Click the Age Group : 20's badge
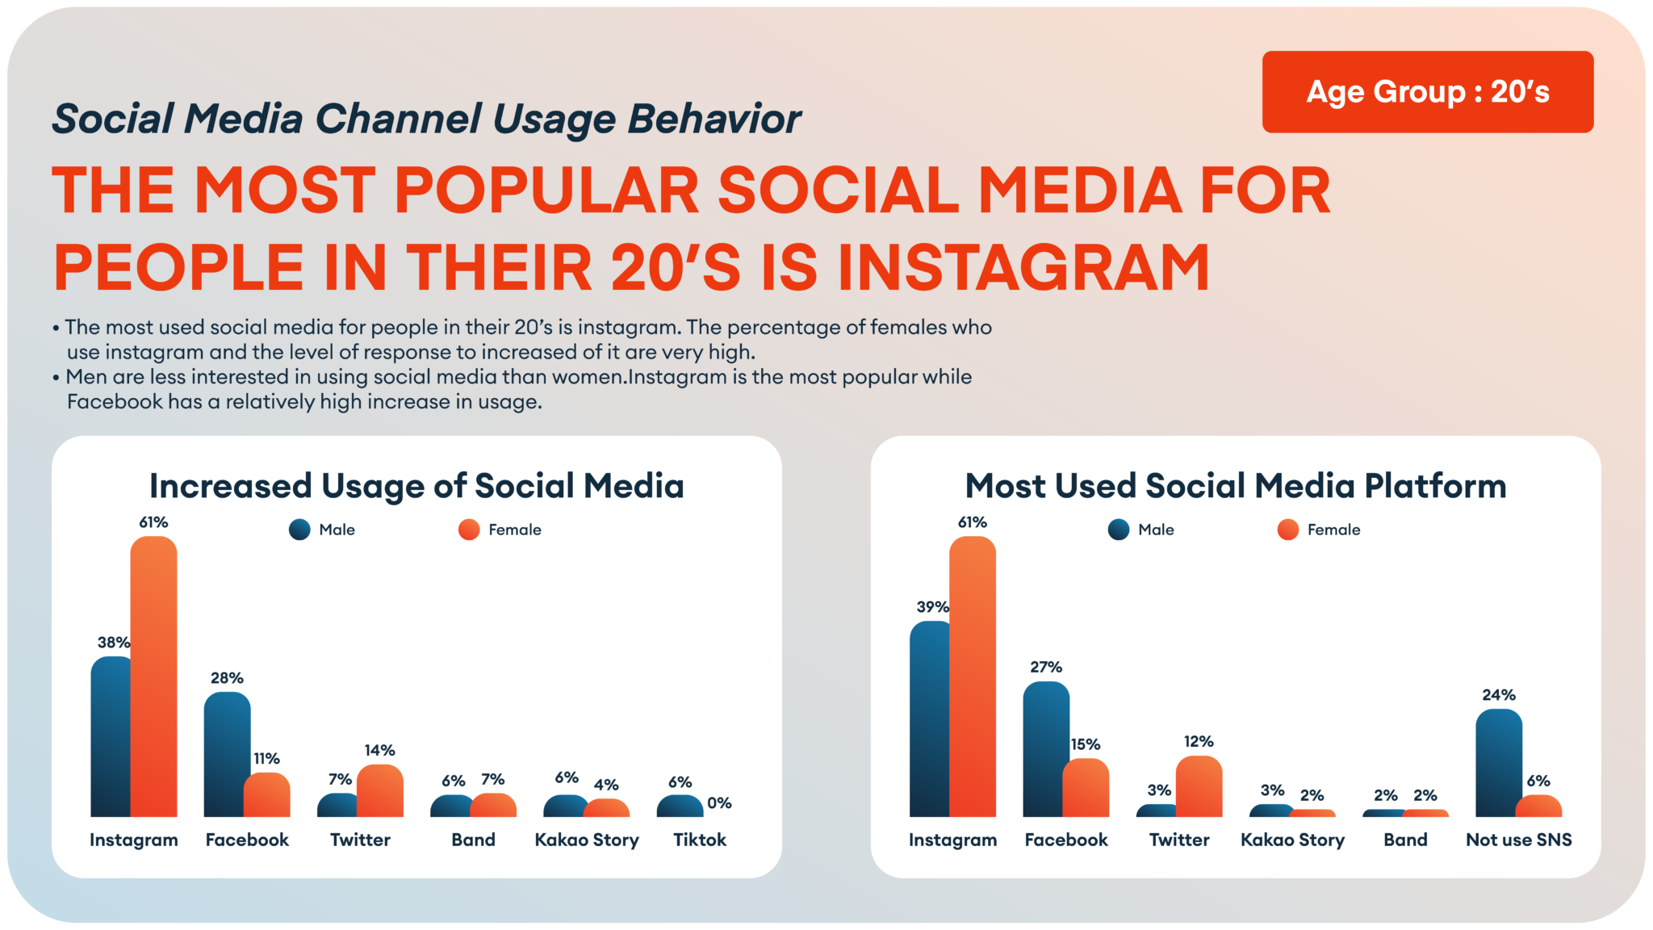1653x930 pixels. pos(1427,92)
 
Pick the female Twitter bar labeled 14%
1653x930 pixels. pos(379,791)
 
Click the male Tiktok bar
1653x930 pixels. pos(678,806)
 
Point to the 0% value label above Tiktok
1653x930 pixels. pos(719,803)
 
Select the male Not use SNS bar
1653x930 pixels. pos(1498,763)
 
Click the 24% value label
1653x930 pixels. pos(1498,695)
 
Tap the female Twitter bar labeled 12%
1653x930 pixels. pos(1199,786)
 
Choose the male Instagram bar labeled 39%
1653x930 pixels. pos(931,718)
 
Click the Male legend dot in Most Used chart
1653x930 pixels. pos(1118,530)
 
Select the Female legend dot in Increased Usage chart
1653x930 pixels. pos(468,530)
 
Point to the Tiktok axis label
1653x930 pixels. pos(700,840)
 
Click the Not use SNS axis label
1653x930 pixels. pos(1518,840)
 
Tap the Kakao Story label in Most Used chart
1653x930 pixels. pos(1292,840)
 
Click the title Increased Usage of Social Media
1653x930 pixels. pos(416,486)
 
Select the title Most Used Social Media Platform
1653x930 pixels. pos(1236,486)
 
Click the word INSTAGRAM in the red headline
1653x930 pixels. pos(1023,267)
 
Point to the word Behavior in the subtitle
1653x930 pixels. pos(714,119)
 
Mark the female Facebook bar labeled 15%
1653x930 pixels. pos(1086,788)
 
